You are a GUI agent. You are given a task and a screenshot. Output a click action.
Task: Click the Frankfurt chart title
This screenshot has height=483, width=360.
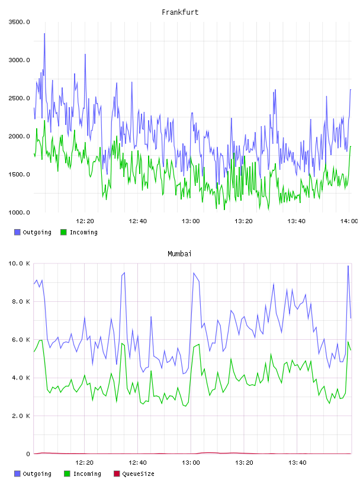click(180, 12)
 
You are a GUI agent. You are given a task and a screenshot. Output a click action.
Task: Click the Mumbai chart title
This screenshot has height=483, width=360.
click(179, 254)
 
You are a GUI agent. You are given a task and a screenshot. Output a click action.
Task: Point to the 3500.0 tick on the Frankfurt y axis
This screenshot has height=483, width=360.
click(19, 22)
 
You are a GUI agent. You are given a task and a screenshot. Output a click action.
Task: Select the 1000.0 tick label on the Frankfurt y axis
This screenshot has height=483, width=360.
click(19, 212)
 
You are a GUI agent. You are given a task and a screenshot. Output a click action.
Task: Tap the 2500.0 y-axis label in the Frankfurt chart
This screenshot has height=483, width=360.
click(19, 98)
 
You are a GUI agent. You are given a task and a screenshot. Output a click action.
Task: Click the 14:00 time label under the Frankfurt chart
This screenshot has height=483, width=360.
click(349, 221)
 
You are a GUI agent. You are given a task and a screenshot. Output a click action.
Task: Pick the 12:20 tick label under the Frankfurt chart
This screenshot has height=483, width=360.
click(85, 221)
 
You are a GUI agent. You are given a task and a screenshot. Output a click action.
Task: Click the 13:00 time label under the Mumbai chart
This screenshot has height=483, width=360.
click(191, 463)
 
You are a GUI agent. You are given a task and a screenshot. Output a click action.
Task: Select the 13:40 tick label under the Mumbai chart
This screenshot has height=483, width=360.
click(297, 463)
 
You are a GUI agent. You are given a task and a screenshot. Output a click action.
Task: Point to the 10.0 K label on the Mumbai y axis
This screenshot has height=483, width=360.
click(19, 263)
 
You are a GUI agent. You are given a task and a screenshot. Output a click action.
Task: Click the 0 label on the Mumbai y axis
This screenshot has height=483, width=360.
click(28, 454)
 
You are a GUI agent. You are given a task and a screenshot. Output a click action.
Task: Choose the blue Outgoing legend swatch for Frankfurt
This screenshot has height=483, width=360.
click(17, 232)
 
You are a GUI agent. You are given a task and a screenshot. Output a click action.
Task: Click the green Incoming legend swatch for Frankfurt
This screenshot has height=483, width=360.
click(63, 232)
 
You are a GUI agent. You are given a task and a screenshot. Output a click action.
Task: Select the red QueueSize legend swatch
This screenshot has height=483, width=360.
click(117, 474)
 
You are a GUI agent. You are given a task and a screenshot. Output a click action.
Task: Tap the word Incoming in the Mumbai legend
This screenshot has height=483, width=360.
click(87, 474)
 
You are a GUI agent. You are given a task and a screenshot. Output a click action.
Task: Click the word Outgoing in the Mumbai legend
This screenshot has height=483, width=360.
click(37, 474)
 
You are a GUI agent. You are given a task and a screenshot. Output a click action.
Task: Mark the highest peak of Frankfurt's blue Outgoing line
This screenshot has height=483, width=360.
click(44, 34)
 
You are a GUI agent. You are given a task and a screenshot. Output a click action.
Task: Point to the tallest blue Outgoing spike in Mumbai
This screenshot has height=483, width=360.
click(348, 266)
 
